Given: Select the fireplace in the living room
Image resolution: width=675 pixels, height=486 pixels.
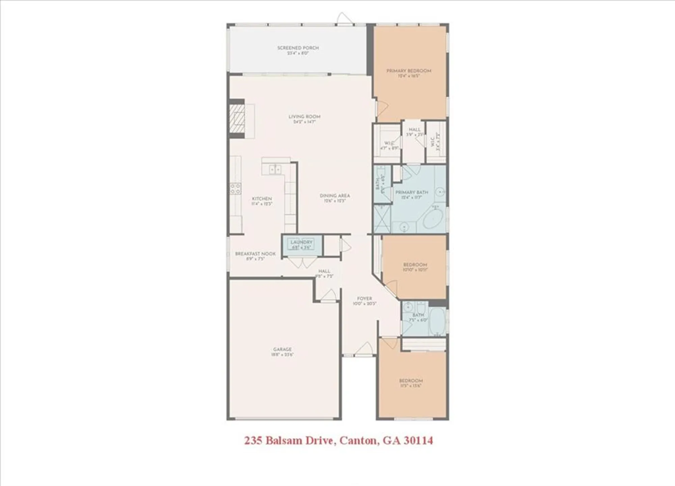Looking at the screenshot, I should point(237,119).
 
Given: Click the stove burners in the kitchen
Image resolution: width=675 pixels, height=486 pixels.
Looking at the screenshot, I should point(236,189).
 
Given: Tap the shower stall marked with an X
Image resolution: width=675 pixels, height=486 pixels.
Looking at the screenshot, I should point(382,219).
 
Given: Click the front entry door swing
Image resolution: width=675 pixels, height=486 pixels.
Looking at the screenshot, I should point(364,349).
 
